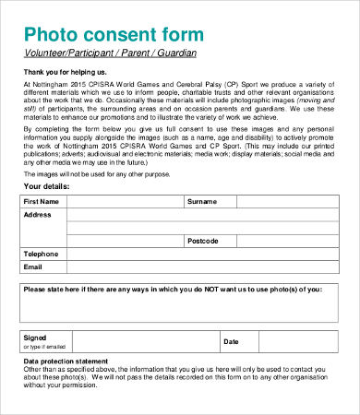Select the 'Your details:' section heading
pos(48,186)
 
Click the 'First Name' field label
pos(42,201)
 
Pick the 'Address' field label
pos(38,214)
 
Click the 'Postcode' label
pos(202,241)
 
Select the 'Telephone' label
pos(42,254)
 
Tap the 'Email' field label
pos(33,267)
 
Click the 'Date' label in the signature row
pos(231,342)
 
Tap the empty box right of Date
pos(296,342)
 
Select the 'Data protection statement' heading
pos(66,361)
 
